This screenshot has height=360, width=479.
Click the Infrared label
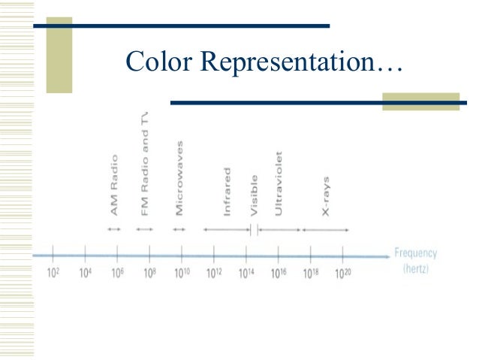click(227, 191)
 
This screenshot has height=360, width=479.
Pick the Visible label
click(254, 195)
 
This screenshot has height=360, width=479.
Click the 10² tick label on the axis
click(53, 273)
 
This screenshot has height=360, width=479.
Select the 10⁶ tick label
click(117, 273)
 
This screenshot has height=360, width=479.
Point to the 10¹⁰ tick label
click(182, 273)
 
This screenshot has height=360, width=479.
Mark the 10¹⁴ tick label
click(247, 273)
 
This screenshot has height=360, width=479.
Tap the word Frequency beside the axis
click(415, 253)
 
